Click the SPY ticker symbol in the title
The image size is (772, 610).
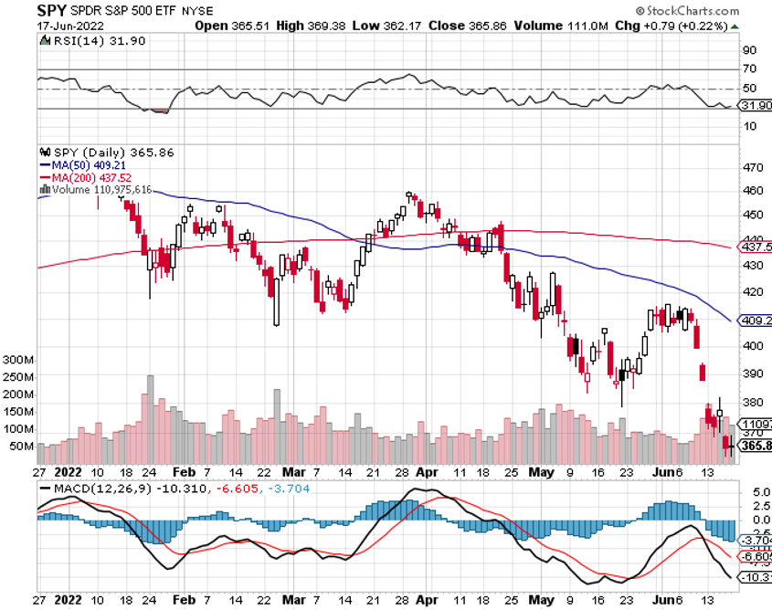tap(51, 10)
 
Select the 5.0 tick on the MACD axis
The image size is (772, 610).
tap(749, 492)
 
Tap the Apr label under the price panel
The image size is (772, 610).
tap(425, 474)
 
